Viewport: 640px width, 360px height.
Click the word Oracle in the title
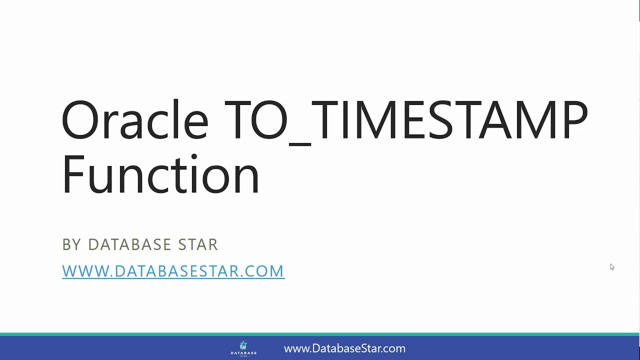134,120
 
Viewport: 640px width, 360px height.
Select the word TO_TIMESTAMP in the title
406,120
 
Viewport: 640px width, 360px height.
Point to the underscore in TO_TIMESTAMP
300,143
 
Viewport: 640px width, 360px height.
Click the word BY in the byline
71,244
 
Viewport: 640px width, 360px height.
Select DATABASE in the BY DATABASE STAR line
129,244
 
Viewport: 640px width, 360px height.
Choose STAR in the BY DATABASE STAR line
198,244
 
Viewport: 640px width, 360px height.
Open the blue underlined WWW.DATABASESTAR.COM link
173,271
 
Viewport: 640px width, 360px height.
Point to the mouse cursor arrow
611,266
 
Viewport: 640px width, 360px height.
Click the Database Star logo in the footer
243,348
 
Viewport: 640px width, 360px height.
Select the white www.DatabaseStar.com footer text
344,348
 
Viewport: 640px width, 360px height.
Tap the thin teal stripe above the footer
320,334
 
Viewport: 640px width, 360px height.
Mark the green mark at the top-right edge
638,10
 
